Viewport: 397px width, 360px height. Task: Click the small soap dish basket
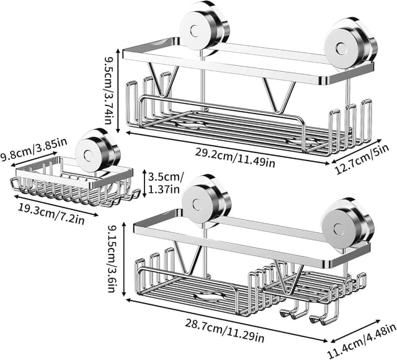[71, 182]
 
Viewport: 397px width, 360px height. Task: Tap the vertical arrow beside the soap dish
[144, 183]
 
